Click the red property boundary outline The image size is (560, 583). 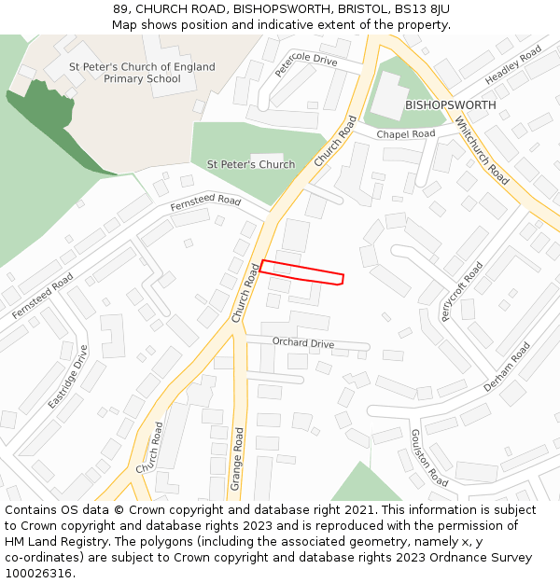pos(301,271)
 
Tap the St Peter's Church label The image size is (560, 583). pos(250,165)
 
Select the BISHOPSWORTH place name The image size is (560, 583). pos(450,105)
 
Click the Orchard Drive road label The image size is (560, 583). pos(302,343)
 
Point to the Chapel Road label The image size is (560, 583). pos(405,134)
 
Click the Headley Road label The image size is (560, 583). pos(512,66)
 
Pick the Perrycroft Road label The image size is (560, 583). pos(461,292)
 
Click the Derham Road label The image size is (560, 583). pos(507,366)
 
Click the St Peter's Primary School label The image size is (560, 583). pos(142,73)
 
